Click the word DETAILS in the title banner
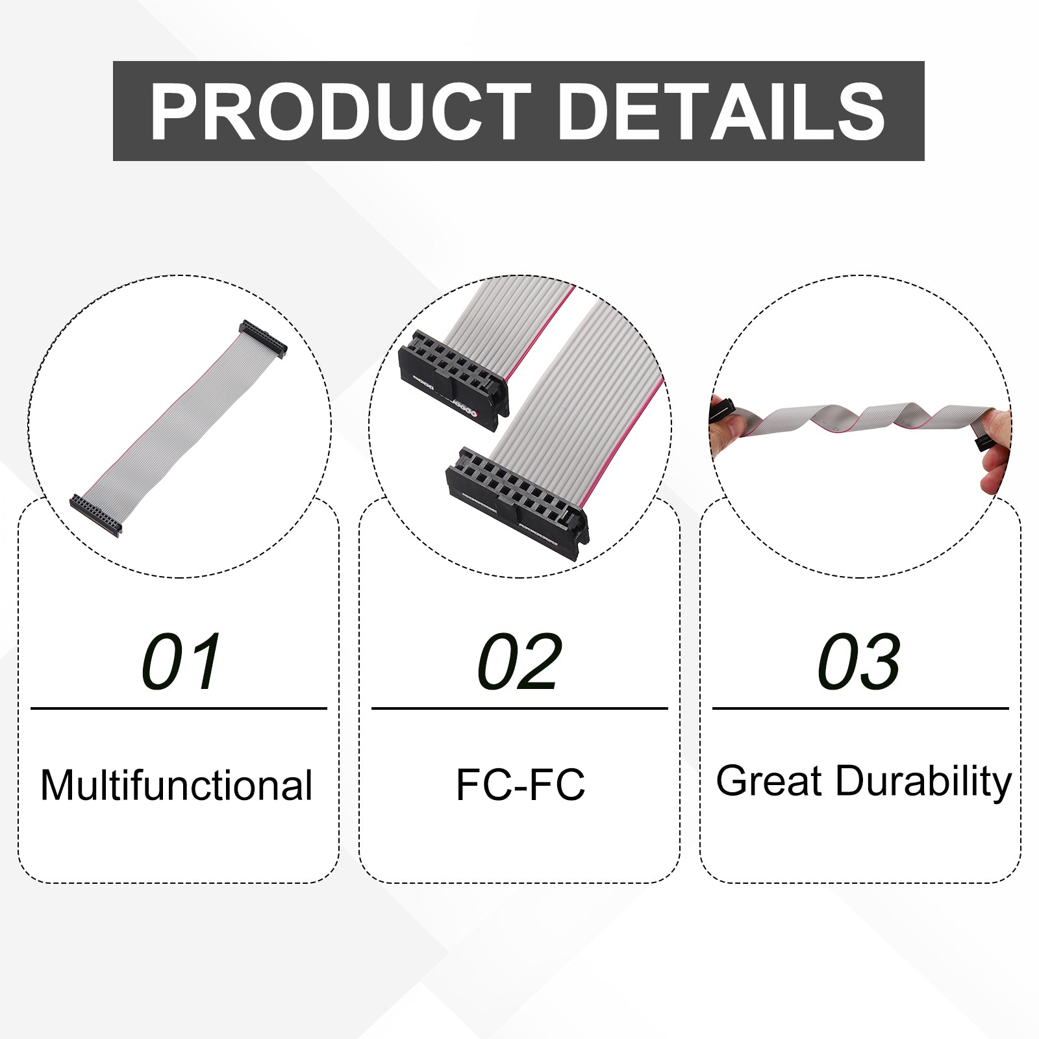(721, 112)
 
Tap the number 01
(181, 662)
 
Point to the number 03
(859, 662)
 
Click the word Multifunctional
(177, 785)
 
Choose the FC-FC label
(520, 784)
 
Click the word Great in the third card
(769, 781)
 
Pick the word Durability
(923, 782)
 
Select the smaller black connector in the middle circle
(453, 379)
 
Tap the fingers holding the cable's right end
(997, 448)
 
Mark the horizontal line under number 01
(179, 708)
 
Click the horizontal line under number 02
(519, 708)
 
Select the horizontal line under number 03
(860, 708)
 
